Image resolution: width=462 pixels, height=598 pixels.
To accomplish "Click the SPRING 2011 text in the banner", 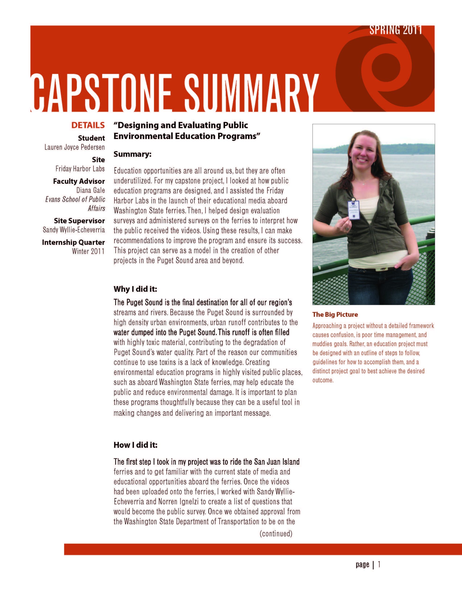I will pyautogui.click(x=395, y=30).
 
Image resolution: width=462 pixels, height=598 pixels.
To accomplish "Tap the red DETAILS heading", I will pyautogui.click(x=88, y=125).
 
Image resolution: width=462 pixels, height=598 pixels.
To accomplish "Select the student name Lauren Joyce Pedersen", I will pyautogui.click(x=75, y=147).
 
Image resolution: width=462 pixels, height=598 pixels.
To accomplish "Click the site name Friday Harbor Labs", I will pyautogui.click(x=80, y=169).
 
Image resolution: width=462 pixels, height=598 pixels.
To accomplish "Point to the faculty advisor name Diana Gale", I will pyautogui.click(x=90, y=190).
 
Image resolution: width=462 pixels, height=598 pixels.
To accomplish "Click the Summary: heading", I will pyautogui.click(x=132, y=154).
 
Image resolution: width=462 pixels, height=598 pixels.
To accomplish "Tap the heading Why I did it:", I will pyautogui.click(x=135, y=289).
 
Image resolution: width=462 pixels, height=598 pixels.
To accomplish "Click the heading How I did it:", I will pyautogui.click(x=135, y=445).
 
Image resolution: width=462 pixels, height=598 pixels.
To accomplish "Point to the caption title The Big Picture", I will pyautogui.click(x=335, y=314).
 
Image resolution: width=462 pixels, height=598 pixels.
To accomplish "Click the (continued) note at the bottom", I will pyautogui.click(x=276, y=533).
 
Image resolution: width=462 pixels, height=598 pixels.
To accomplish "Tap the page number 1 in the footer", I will pyautogui.click(x=379, y=564).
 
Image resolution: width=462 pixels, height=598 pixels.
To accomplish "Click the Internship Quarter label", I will pyautogui.click(x=73, y=242).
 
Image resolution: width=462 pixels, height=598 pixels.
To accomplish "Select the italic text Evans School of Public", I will pyautogui.click(x=75, y=199).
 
